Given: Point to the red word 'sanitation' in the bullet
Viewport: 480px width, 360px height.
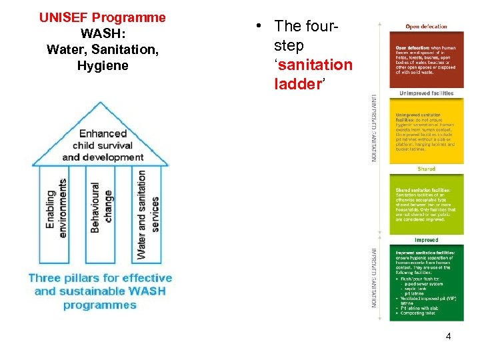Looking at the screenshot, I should [313, 65].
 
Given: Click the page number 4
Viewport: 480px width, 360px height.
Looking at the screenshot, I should [448, 336].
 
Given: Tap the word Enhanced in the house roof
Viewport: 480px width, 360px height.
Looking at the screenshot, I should [103, 133].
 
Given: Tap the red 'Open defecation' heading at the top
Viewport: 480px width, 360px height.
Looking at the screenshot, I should [426, 27].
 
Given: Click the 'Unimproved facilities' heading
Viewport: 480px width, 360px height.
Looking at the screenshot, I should [426, 93].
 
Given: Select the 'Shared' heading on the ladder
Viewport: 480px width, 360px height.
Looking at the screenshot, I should [426, 169].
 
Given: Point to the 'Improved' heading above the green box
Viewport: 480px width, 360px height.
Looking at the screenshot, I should [426, 240].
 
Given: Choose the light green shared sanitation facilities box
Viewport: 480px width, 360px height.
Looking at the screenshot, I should [426, 204].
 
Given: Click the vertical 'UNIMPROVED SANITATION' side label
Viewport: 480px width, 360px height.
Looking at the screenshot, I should [375, 127].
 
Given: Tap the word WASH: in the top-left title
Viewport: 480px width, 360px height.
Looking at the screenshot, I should [102, 33].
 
